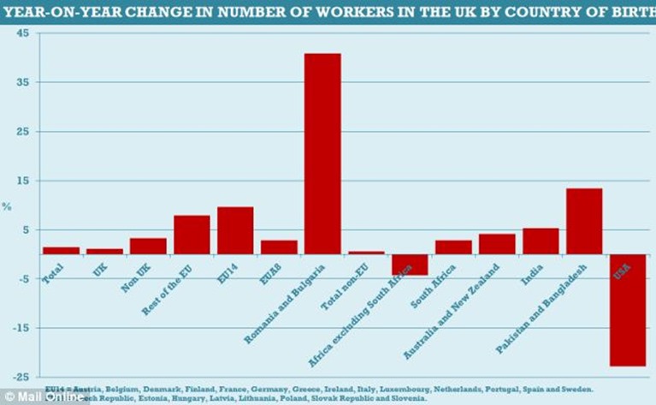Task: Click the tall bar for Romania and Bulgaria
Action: pos(322,154)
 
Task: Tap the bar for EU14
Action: pos(235,230)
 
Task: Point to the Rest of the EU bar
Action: pos(192,235)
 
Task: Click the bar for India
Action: pos(540,241)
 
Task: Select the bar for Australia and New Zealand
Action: pos(496,244)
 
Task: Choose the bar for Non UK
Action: pos(148,246)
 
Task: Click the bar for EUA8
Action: pos(279,247)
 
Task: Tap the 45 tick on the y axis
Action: pos(22,33)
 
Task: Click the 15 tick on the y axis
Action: pos(22,181)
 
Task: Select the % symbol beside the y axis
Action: pos(6,206)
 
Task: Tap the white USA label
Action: pos(622,273)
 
